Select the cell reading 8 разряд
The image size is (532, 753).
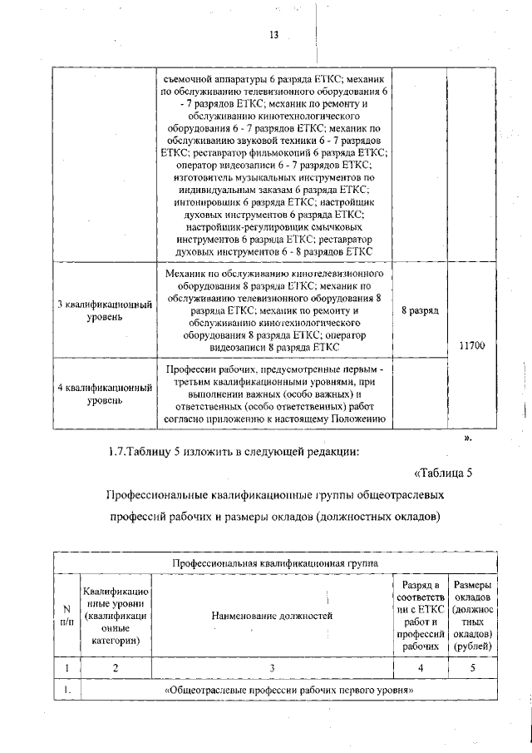click(420, 310)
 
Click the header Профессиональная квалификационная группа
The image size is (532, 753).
click(274, 563)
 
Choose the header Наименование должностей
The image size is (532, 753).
click(272, 617)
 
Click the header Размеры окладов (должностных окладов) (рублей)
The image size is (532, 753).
click(472, 615)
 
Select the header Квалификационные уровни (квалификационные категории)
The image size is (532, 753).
click(116, 617)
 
